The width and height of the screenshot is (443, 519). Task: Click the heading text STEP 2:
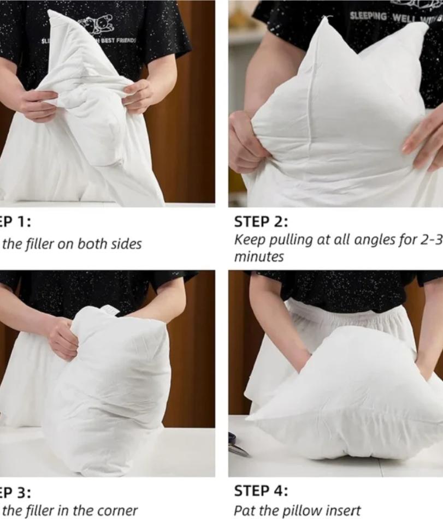[261, 222]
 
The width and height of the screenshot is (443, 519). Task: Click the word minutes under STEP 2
[259, 257]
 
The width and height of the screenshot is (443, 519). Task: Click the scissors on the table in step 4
[239, 444]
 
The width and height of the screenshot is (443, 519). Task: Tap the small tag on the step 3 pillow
[111, 310]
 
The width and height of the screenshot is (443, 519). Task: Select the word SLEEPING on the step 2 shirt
[369, 16]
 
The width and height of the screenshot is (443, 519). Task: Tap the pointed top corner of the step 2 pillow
[327, 21]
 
